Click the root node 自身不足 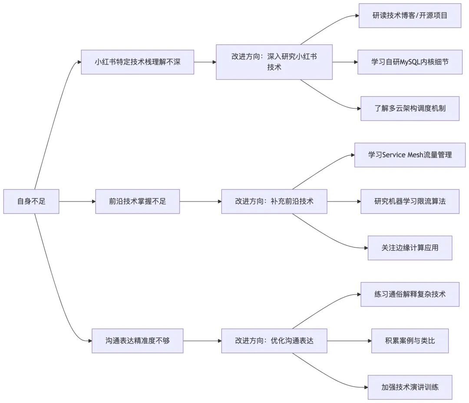coord(31,201)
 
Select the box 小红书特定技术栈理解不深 coord(137,62)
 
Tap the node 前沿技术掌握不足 coord(137,201)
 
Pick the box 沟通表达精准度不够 coord(137,341)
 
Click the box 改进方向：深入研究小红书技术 coord(274,62)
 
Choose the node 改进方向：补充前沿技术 coord(274,201)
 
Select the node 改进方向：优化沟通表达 coord(274,341)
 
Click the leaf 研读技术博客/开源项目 coord(410,16)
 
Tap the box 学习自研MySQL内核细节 coord(410,62)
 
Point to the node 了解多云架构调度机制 coord(410,109)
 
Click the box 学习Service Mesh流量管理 coord(410,155)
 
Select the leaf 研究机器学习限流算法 coord(410,201)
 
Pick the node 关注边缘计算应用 coord(410,248)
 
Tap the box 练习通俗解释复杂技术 coord(410,294)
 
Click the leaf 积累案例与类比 coord(410,341)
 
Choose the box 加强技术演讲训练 coord(410,387)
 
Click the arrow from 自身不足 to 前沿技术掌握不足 coord(77,201)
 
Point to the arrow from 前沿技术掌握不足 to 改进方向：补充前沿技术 coord(200,201)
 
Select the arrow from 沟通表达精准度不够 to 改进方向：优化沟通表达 coord(202,341)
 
